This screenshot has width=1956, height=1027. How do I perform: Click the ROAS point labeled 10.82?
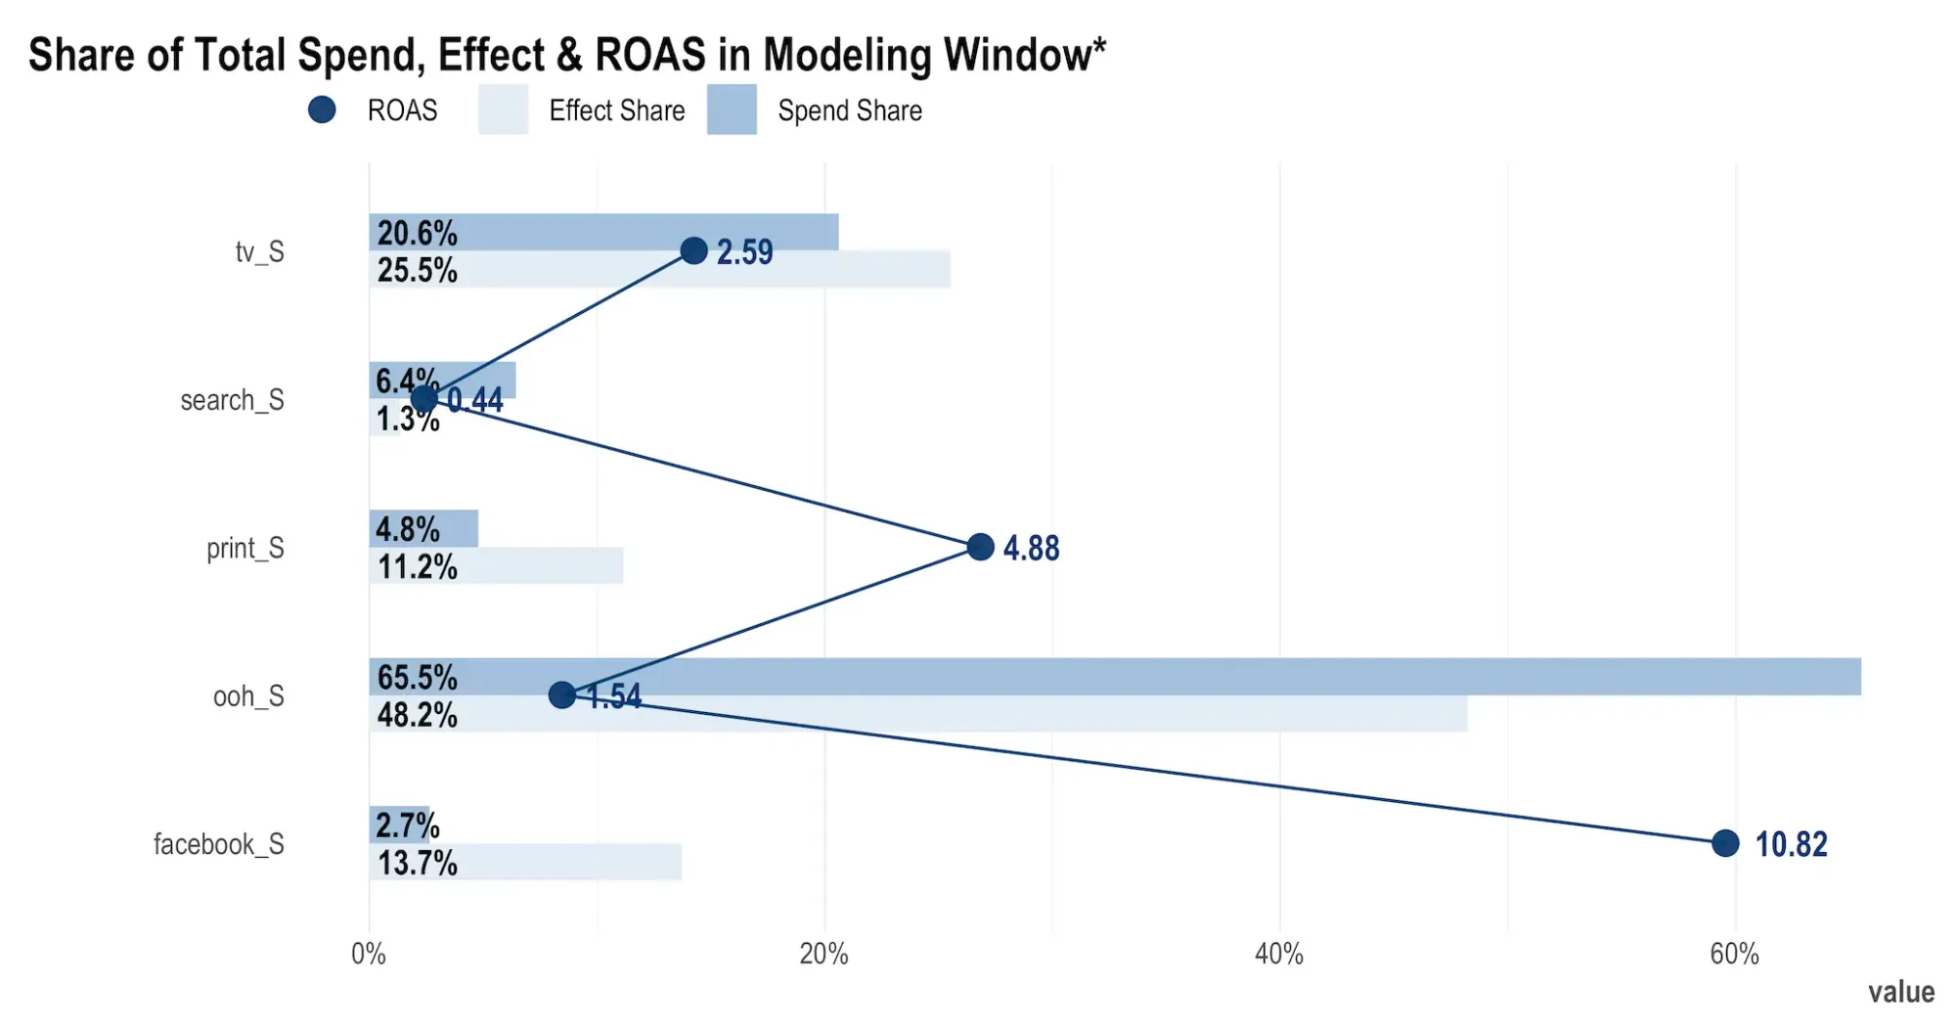click(1725, 843)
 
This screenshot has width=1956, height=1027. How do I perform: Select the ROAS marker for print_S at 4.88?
click(980, 547)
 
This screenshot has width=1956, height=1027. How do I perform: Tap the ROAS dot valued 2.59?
click(693, 250)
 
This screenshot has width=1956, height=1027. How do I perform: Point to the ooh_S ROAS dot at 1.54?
click(561, 695)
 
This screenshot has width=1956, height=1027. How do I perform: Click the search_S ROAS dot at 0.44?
click(423, 399)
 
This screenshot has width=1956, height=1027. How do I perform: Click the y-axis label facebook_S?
click(218, 844)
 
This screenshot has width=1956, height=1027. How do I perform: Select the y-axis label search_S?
click(232, 400)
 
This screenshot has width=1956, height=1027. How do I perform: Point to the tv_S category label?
click(259, 251)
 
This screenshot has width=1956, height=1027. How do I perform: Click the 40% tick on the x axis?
click(1279, 955)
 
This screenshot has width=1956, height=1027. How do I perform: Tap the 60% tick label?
click(1735, 955)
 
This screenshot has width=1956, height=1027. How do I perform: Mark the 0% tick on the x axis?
click(369, 955)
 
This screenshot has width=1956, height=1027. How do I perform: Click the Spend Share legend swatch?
click(732, 110)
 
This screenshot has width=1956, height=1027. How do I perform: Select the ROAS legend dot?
click(322, 110)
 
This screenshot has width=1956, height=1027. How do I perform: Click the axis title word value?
click(1900, 992)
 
